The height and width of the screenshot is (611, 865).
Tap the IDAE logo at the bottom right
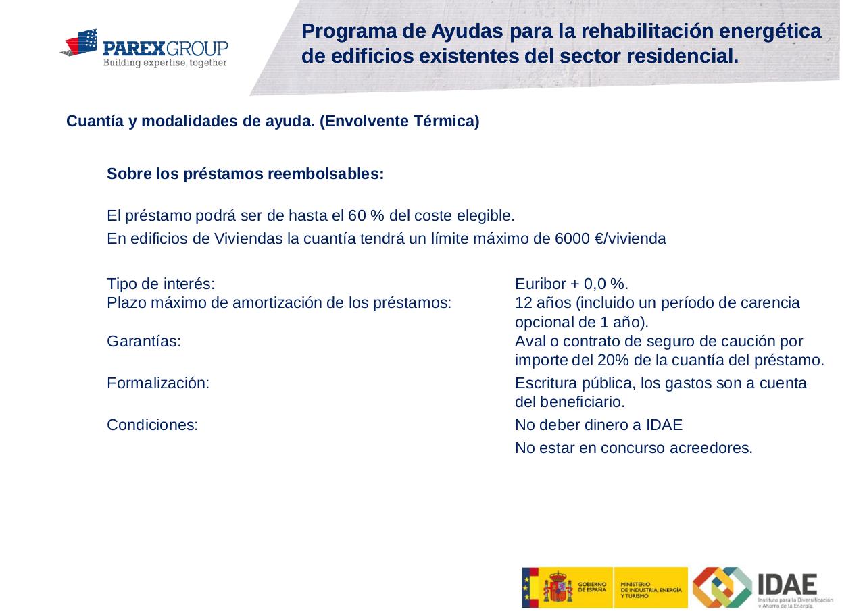coord(762,587)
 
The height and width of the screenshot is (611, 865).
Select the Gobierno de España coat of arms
coord(558,587)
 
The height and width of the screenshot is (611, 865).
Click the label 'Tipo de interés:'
coord(161,284)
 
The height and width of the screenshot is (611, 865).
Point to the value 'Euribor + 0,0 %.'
coord(572,284)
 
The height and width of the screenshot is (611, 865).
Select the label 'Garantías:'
coord(143,342)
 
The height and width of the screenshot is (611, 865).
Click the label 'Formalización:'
coord(158,383)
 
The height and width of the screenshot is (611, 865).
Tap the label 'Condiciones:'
coord(152,425)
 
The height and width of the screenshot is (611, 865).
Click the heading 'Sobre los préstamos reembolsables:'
coord(245,174)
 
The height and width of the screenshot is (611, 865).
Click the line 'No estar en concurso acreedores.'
coord(633,448)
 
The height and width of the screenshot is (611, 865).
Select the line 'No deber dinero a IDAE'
coord(598,425)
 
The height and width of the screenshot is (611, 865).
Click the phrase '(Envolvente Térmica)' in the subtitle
coord(399,122)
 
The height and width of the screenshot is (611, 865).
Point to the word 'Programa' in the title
coord(345,31)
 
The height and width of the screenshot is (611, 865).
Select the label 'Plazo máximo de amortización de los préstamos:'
coord(279,302)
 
